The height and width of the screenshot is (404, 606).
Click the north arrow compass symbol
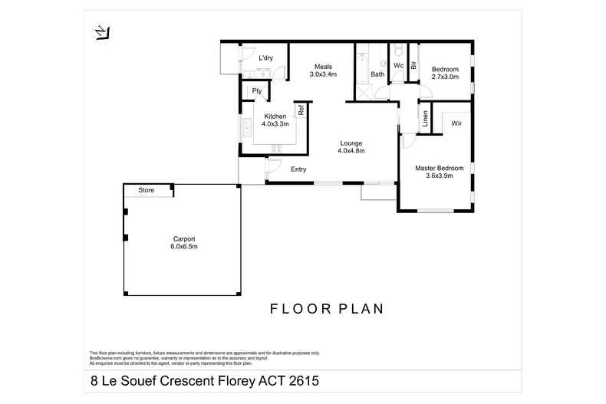tap(100, 33)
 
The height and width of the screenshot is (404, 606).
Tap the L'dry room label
tap(266, 57)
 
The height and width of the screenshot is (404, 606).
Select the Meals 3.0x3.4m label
tap(323, 71)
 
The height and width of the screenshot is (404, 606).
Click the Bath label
tap(377, 74)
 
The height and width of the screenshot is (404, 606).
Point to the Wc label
tap(398, 66)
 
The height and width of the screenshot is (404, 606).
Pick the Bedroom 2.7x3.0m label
tap(445, 72)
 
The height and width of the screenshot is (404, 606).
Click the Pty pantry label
tap(258, 91)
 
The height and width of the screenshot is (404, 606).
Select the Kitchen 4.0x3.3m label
tap(275, 120)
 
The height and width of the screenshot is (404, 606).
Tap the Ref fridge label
tap(302, 110)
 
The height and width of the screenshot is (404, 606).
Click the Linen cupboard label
tap(424, 120)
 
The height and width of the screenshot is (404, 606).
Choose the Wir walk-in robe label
tap(456, 123)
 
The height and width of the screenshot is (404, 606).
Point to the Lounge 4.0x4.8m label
tap(351, 147)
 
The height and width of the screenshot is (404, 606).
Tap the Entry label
tap(299, 169)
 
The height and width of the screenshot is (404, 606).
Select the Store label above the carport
tap(147, 190)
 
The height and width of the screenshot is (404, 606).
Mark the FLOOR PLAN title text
tap(326, 309)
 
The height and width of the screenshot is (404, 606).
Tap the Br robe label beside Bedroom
tap(413, 66)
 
